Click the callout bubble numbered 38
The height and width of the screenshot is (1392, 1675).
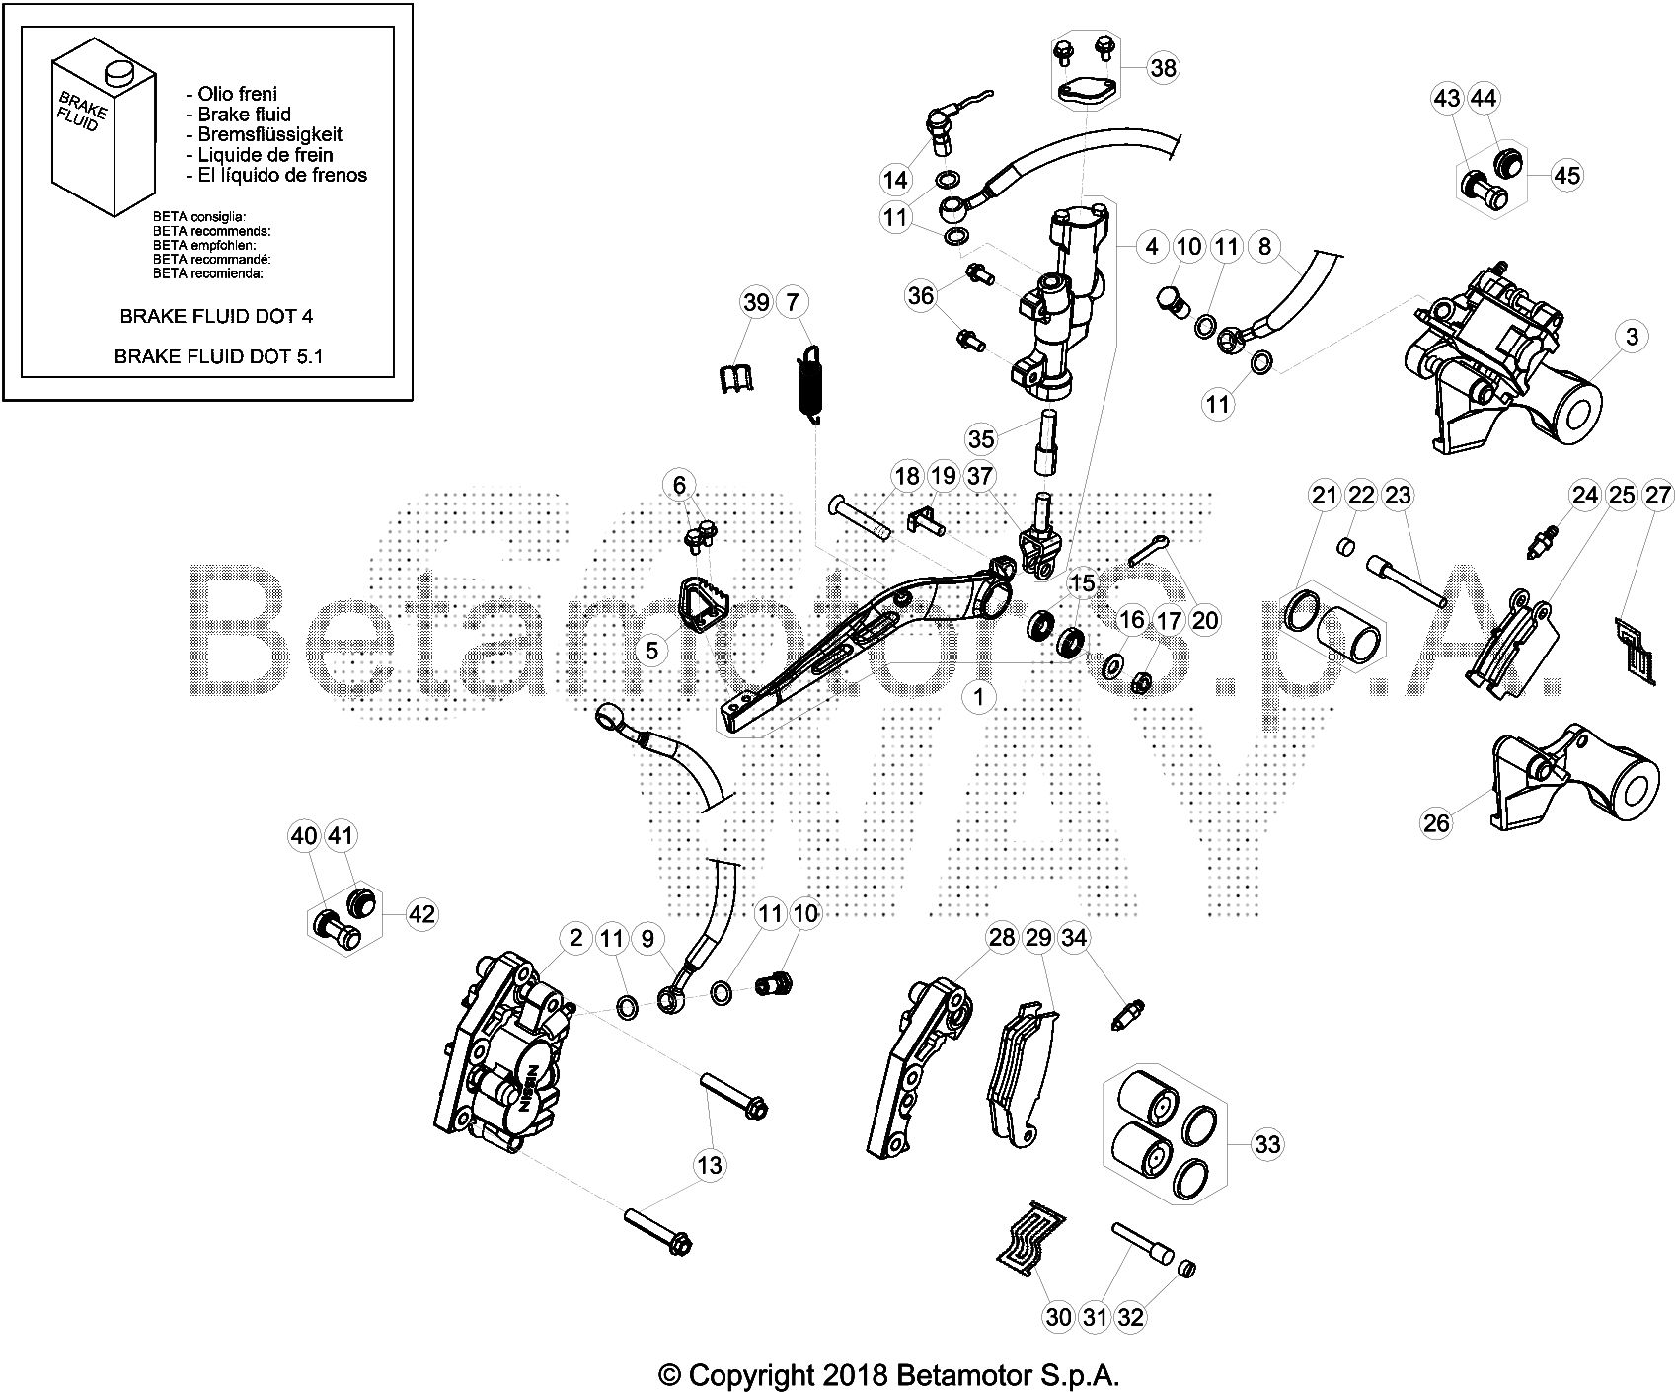(x=1163, y=67)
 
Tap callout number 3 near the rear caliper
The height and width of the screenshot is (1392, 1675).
(x=1632, y=337)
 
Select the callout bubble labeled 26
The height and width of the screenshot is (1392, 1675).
(x=1436, y=821)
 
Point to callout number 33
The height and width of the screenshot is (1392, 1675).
(x=1266, y=1144)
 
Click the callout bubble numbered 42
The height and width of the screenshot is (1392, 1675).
(x=421, y=914)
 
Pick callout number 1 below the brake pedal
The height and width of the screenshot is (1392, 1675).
(x=978, y=697)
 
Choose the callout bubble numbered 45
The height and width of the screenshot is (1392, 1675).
(x=1566, y=176)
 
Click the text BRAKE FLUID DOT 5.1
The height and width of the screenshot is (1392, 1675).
(x=218, y=356)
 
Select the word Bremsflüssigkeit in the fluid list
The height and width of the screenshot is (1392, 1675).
(x=264, y=134)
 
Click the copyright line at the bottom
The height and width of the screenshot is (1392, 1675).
(x=889, y=1375)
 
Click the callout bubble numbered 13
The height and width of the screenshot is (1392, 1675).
(x=710, y=1165)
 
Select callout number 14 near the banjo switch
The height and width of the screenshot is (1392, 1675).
(x=894, y=180)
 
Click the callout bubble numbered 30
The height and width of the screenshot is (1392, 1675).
(x=1057, y=1316)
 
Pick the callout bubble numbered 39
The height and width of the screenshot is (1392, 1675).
(x=756, y=302)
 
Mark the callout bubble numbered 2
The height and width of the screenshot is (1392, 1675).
(x=575, y=938)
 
